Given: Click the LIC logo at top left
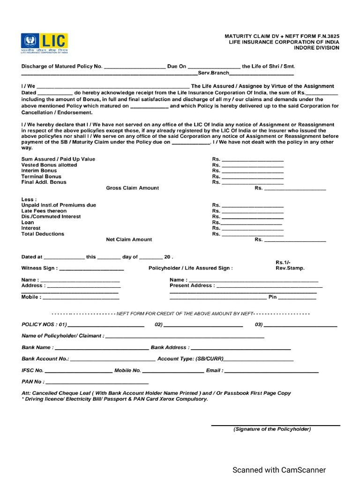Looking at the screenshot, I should (x=44, y=43).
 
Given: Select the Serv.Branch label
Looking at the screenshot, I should (x=213, y=74).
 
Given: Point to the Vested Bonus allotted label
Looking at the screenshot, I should (x=49, y=165).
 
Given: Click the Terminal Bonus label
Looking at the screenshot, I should (x=41, y=176).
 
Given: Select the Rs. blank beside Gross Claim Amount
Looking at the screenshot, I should (x=295, y=189).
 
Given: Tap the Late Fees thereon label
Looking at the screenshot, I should (x=44, y=211).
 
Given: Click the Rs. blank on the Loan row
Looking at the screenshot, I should (x=252, y=224).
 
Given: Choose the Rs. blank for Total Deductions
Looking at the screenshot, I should (x=252, y=235).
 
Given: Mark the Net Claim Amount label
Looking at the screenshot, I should (x=129, y=240).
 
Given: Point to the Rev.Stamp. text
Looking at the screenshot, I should (x=290, y=268).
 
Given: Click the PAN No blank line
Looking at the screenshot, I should (x=97, y=383).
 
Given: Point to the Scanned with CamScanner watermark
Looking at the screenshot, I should (x=280, y=470).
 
